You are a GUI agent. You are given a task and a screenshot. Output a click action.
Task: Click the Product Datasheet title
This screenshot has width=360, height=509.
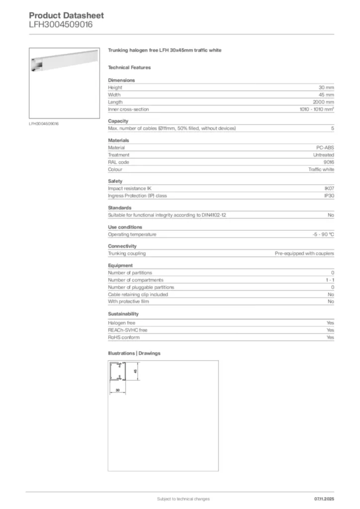(66, 15)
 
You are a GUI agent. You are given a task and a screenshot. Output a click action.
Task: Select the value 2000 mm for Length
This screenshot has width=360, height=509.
(323, 102)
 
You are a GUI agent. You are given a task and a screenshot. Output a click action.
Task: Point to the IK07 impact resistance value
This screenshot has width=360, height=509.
(329, 188)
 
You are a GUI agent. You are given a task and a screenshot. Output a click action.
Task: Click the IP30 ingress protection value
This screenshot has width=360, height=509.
(329, 196)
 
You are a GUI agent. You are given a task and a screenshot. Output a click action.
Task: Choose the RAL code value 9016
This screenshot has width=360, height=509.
(329, 162)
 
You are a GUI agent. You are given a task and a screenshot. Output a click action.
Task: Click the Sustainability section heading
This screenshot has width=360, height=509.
(123, 314)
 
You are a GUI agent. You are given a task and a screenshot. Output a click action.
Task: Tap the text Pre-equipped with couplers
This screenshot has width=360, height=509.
(304, 254)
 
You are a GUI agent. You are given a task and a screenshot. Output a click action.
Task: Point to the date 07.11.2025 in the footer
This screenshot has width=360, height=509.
(324, 499)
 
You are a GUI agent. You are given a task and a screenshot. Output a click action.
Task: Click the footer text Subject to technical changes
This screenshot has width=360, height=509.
(183, 499)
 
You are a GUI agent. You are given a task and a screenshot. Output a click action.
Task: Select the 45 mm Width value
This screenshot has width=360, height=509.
(326, 94)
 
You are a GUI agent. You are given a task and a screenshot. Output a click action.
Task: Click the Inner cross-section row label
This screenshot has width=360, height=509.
(128, 109)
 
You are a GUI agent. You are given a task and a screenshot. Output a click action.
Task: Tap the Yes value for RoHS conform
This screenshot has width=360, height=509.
(330, 338)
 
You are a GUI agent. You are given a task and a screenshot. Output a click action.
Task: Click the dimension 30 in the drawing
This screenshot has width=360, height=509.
(117, 390)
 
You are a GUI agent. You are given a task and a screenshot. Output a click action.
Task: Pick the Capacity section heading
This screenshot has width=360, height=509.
(118, 121)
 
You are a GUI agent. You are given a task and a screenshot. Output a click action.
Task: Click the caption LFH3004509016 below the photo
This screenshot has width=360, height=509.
(44, 123)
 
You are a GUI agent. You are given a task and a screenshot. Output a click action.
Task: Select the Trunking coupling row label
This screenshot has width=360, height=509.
(127, 254)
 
